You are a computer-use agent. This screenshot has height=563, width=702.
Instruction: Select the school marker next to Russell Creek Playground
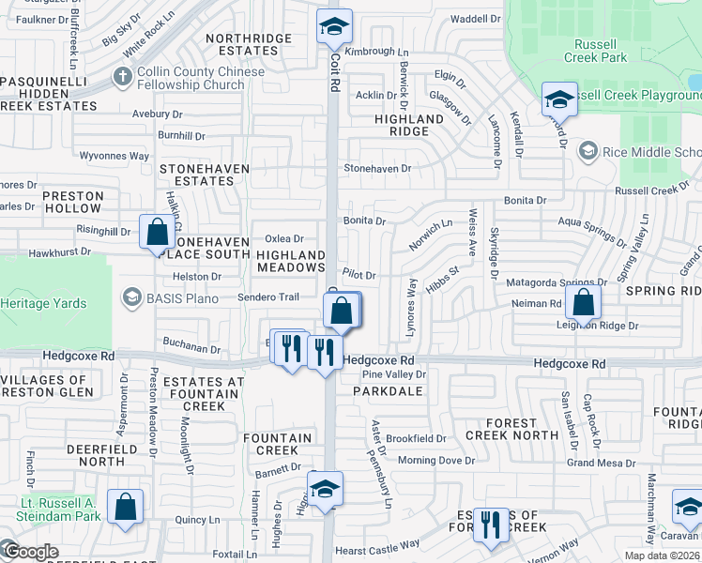pos(559,99)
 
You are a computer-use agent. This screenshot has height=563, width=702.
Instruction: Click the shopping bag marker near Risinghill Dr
pos(157,231)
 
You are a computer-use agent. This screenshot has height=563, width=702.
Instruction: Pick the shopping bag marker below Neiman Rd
pos(583,303)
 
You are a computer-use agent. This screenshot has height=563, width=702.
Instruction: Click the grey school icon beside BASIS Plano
pos(130,298)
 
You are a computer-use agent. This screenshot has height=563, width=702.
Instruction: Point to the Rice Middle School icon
pos(588,152)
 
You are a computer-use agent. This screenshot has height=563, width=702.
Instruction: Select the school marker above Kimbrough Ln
pos(332,28)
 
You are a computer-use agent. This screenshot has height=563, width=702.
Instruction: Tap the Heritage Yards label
pos(43,303)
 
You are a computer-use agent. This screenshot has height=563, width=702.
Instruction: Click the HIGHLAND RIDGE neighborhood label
pos(408,126)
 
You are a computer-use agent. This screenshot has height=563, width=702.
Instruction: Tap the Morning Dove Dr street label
pos(430,461)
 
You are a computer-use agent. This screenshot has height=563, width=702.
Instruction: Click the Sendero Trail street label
pos(269,297)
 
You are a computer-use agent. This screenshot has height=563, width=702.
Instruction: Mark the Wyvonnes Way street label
pos(114,156)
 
